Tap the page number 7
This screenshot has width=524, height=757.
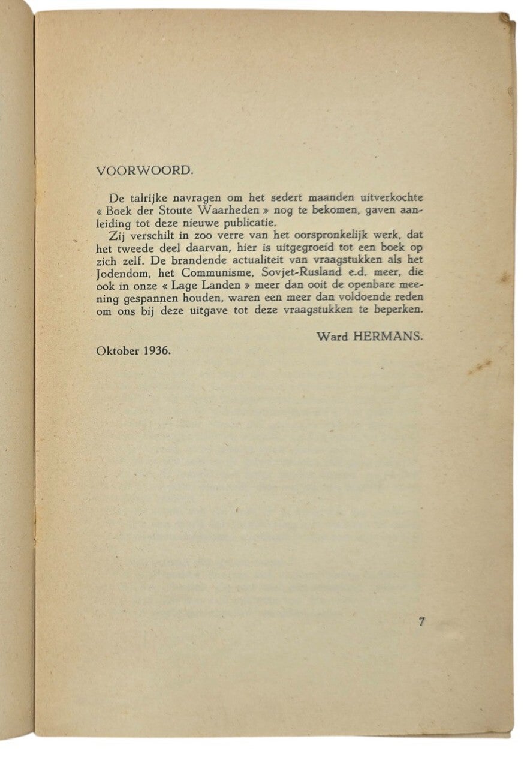[421, 621]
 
